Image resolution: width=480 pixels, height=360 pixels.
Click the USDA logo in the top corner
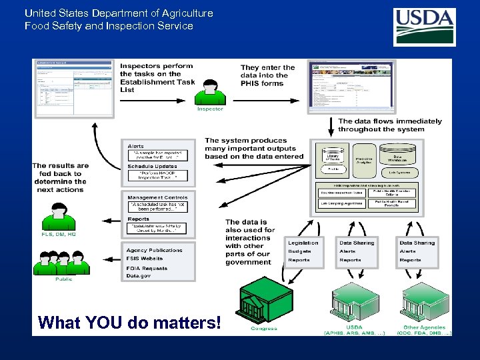tap(424, 27)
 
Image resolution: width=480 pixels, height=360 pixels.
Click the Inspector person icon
tap(210, 92)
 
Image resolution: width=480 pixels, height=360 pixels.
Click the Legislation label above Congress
tap(303, 243)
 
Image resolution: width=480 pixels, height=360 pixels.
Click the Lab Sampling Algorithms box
tap(341, 203)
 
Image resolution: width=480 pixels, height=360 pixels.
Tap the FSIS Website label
tap(145, 258)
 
